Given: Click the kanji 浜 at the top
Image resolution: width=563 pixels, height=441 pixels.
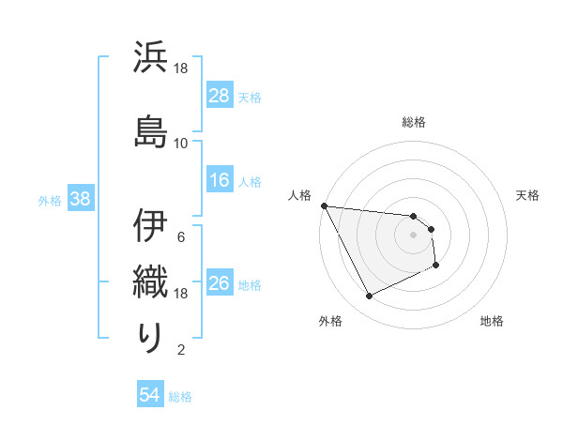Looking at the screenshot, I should (x=150, y=58).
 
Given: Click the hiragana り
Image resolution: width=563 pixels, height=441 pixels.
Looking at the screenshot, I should (x=150, y=337).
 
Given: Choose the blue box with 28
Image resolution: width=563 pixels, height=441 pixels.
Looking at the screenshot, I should (x=220, y=96).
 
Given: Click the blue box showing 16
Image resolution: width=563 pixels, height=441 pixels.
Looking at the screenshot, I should (x=220, y=180).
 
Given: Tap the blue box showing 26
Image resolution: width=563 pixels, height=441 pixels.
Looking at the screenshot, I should (x=220, y=283).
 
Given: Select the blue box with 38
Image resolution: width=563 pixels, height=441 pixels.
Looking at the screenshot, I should (x=79, y=199).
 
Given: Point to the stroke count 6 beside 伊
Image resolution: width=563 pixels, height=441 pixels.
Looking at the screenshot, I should (x=180, y=236).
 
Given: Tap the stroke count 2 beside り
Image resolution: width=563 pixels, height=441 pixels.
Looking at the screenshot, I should (x=180, y=350).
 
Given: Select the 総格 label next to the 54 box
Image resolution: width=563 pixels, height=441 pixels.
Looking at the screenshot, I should (x=180, y=397).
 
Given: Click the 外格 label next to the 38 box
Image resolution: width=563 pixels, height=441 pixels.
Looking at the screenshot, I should (x=50, y=200).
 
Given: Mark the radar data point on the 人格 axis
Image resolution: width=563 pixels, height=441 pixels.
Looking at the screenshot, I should (x=324, y=205).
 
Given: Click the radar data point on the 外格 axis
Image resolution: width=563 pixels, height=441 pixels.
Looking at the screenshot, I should (x=369, y=297).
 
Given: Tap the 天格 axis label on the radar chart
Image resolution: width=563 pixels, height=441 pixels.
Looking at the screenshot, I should (x=527, y=195).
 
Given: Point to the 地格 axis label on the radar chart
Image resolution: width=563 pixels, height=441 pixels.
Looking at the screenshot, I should (x=492, y=321).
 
